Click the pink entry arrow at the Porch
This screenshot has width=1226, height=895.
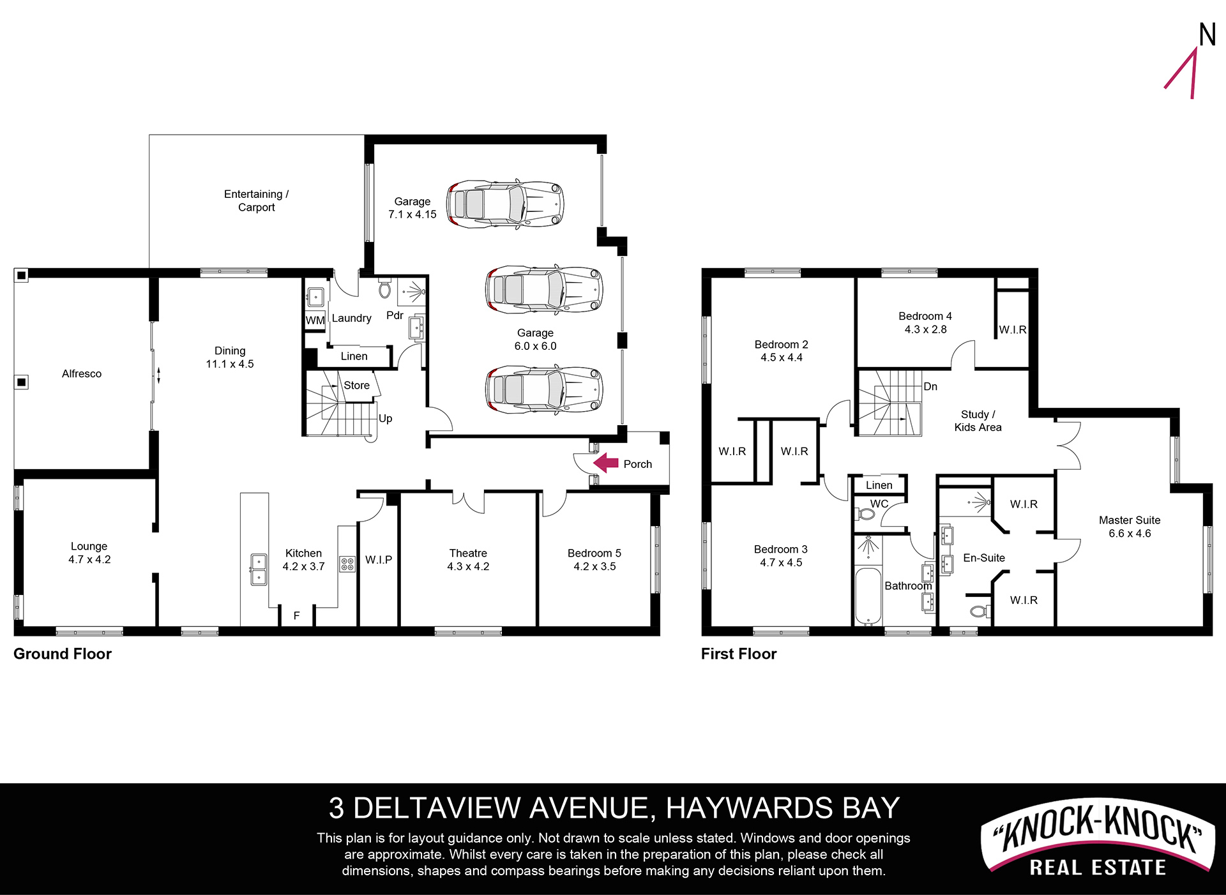(605, 463)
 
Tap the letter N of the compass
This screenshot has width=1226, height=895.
(1207, 34)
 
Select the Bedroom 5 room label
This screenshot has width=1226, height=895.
(594, 553)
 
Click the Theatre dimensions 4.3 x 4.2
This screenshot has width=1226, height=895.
(468, 566)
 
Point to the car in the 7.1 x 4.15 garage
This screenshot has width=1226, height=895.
(505, 204)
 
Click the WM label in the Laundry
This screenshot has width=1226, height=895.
(315, 320)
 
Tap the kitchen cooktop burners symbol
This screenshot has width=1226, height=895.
(347, 564)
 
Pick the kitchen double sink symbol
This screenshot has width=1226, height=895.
(259, 569)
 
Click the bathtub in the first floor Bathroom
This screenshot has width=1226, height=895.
(868, 596)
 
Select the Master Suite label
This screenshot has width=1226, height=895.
(1130, 520)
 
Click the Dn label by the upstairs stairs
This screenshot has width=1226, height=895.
(930, 386)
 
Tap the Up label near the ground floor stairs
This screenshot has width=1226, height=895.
(385, 419)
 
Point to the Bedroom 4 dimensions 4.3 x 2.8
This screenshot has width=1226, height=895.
(925, 329)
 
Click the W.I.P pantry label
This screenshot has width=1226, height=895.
(379, 560)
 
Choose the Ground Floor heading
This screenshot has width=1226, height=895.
(63, 654)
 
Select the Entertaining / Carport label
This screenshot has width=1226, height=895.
(256, 200)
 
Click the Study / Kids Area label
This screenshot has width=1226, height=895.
(978, 421)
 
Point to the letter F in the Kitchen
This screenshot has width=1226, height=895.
(296, 615)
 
